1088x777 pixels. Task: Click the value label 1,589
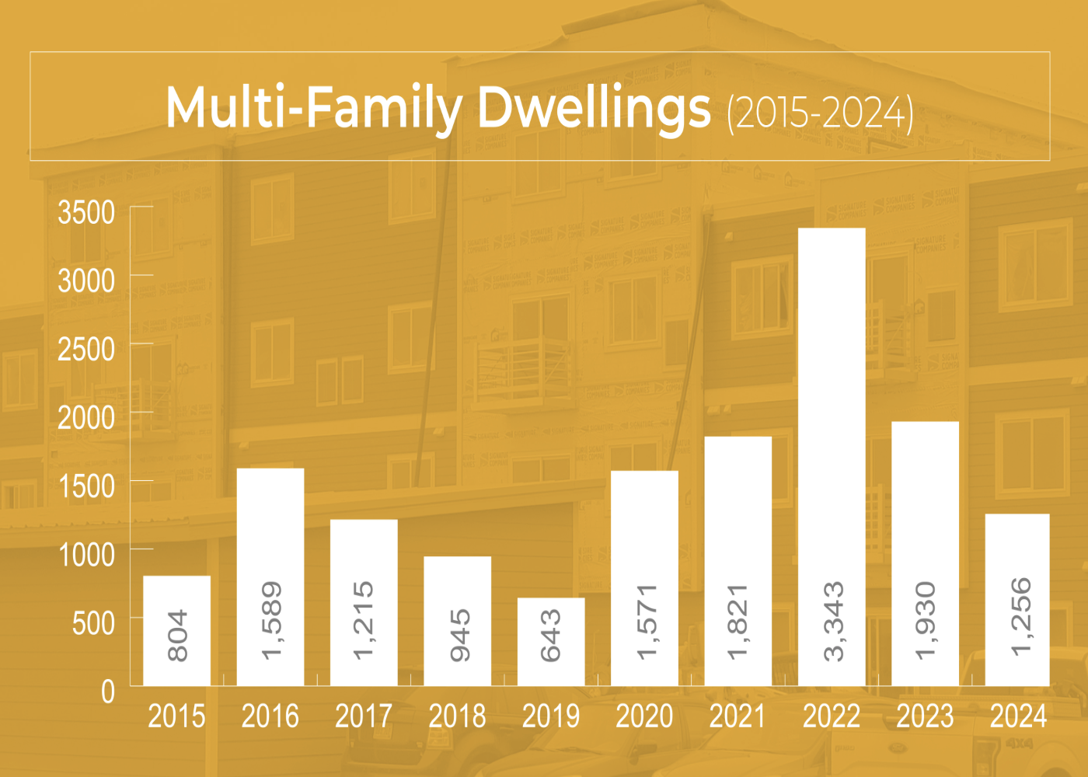[271, 622]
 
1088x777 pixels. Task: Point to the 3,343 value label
[833, 622]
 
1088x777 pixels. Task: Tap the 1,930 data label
[926, 622]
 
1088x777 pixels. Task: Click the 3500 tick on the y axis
[86, 212]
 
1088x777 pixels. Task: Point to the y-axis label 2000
[86, 418]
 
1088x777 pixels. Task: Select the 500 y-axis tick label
[93, 623]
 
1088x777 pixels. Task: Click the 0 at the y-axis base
[108, 692]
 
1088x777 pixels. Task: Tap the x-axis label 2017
[364, 716]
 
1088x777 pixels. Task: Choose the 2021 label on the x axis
[738, 716]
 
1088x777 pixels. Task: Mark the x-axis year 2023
[925, 716]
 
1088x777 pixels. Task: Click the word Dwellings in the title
[594, 109]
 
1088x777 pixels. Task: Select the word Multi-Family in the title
[314, 109]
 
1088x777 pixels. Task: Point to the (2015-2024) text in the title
[820, 113]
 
